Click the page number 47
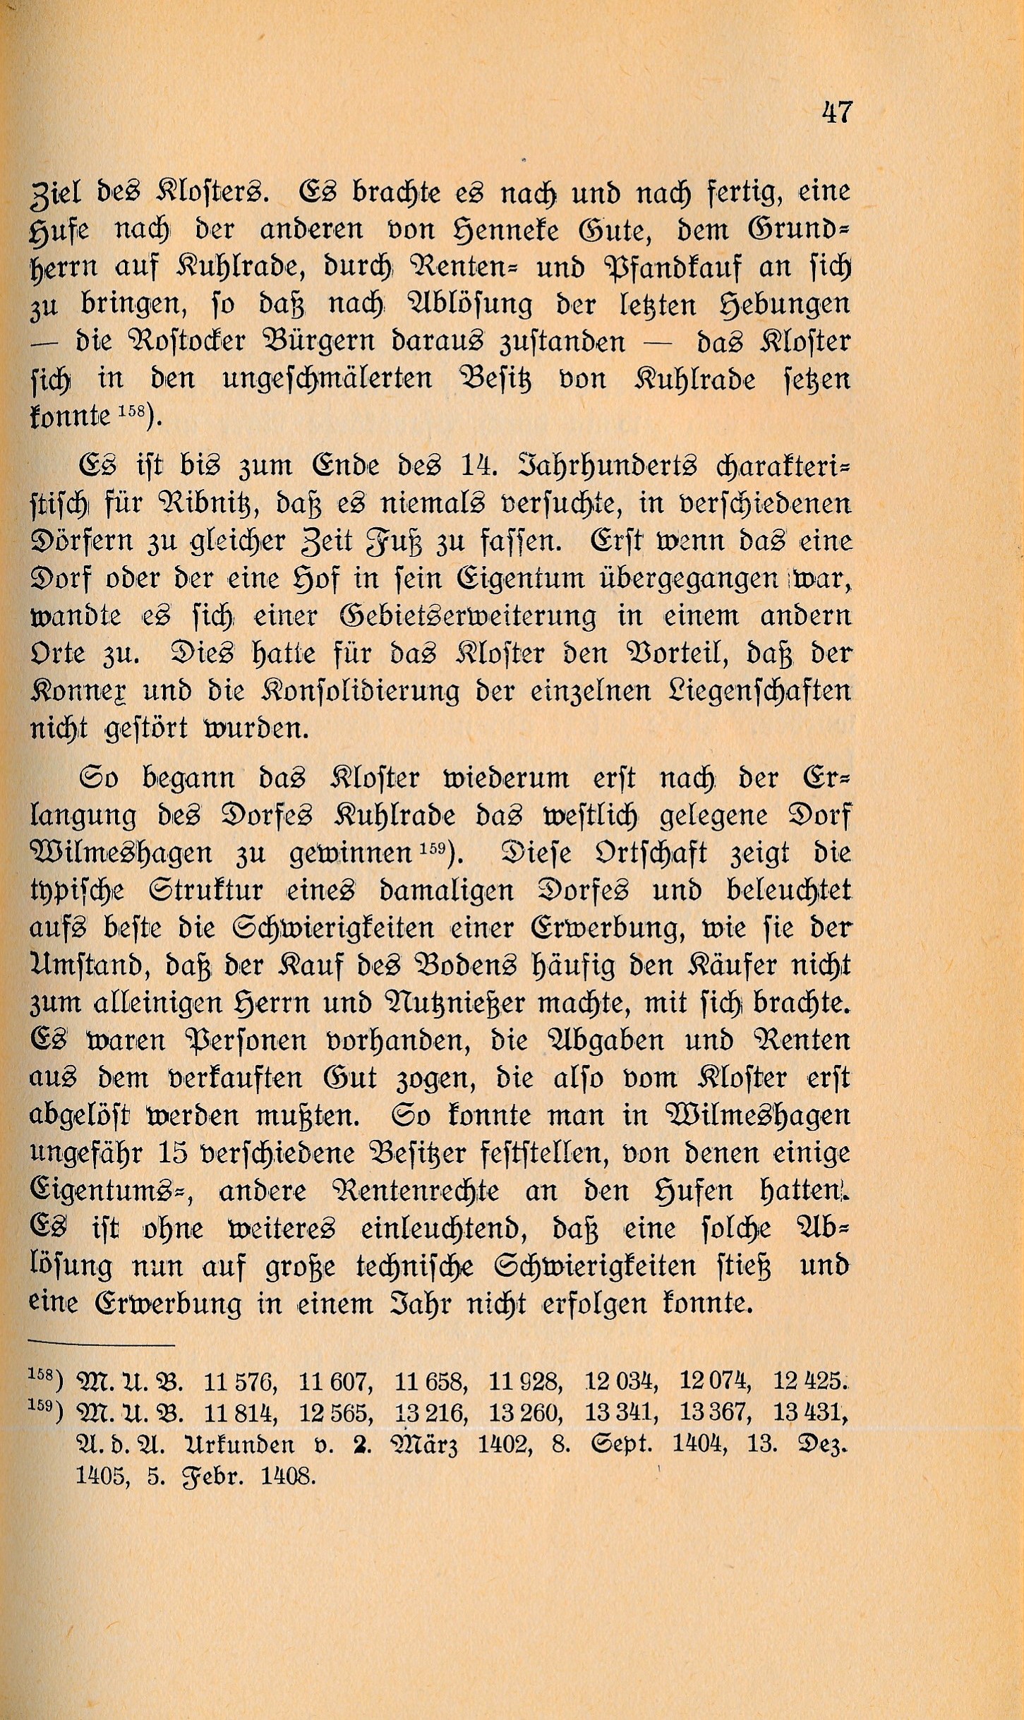[837, 113]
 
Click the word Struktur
[205, 890]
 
